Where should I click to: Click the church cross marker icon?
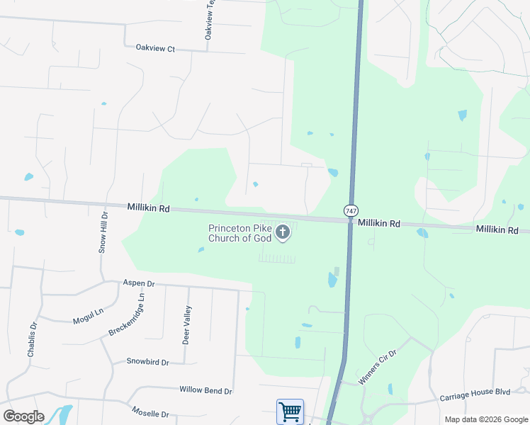coord(283,232)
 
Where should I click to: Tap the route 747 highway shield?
coord(351,211)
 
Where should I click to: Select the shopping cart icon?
coord(290,412)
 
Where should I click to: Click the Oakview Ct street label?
coord(154,48)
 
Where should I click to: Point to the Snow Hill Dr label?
coord(103,232)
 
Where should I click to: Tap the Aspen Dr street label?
coord(138,283)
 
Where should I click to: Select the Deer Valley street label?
coord(187,324)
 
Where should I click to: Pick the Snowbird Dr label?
coord(147,362)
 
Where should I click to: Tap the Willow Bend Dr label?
coord(205,390)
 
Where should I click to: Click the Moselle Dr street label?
coord(150,414)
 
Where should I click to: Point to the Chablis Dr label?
coord(33,339)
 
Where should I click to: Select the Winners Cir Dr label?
coord(379,366)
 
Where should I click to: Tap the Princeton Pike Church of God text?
coord(239,233)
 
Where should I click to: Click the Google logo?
coord(23,416)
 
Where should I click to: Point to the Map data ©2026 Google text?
coord(486,419)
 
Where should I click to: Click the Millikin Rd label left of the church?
coord(149,208)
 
